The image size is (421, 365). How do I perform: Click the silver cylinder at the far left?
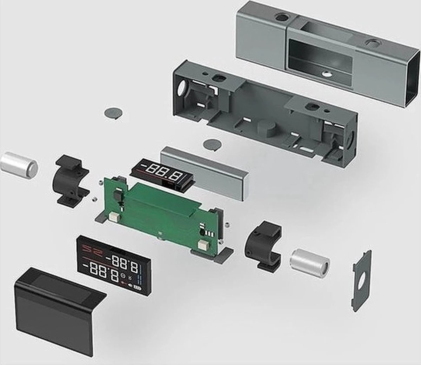pyautogui.click(x=19, y=164)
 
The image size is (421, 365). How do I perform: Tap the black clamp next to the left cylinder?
pyautogui.click(x=71, y=179)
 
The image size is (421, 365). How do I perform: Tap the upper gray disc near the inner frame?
pyautogui.click(x=114, y=113)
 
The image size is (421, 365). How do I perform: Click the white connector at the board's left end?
pyautogui.click(x=114, y=217)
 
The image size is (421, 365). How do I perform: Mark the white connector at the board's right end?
pyautogui.click(x=203, y=245)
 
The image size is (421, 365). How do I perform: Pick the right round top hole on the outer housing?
pyautogui.click(x=372, y=43)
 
